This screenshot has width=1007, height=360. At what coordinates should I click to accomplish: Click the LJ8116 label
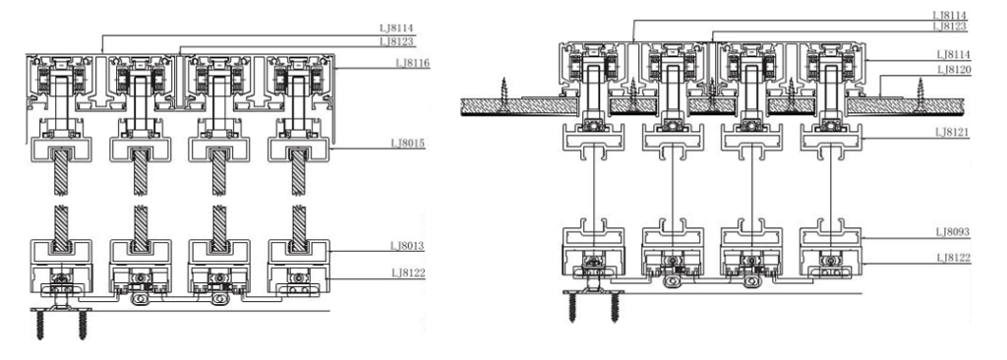tap(413, 63)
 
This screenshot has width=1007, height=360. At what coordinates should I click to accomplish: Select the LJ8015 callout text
tap(408, 142)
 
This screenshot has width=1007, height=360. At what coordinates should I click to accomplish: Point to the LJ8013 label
tap(408, 246)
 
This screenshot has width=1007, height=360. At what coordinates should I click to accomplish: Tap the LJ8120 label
tap(954, 70)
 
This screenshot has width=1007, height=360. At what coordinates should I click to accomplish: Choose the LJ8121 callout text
tap(954, 132)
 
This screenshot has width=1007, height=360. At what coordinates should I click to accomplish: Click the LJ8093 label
tap(954, 231)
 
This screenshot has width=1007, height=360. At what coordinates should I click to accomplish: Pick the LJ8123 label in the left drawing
tap(397, 41)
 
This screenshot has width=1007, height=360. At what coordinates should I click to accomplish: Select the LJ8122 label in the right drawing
tap(954, 258)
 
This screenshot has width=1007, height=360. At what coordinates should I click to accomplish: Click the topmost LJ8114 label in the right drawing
tap(949, 15)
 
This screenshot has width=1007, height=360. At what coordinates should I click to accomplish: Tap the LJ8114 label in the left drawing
tap(397, 29)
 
